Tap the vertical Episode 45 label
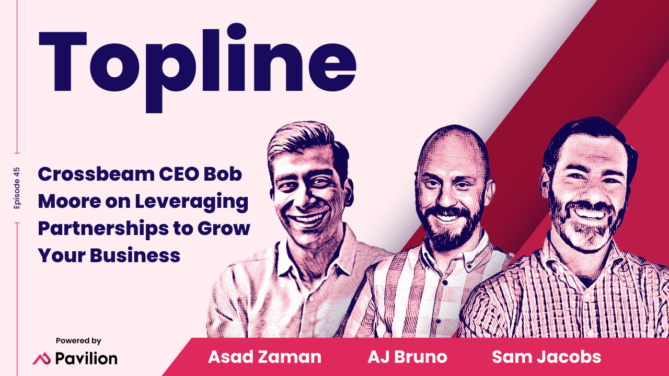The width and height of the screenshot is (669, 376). (17, 188)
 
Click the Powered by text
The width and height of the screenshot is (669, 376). (78, 341)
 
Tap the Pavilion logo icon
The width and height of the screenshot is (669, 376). (41, 359)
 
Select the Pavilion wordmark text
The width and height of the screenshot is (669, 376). (86, 359)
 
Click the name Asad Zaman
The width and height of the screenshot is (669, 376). (264, 357)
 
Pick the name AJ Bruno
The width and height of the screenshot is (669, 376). (408, 357)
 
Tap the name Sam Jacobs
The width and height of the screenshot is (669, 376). (546, 357)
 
